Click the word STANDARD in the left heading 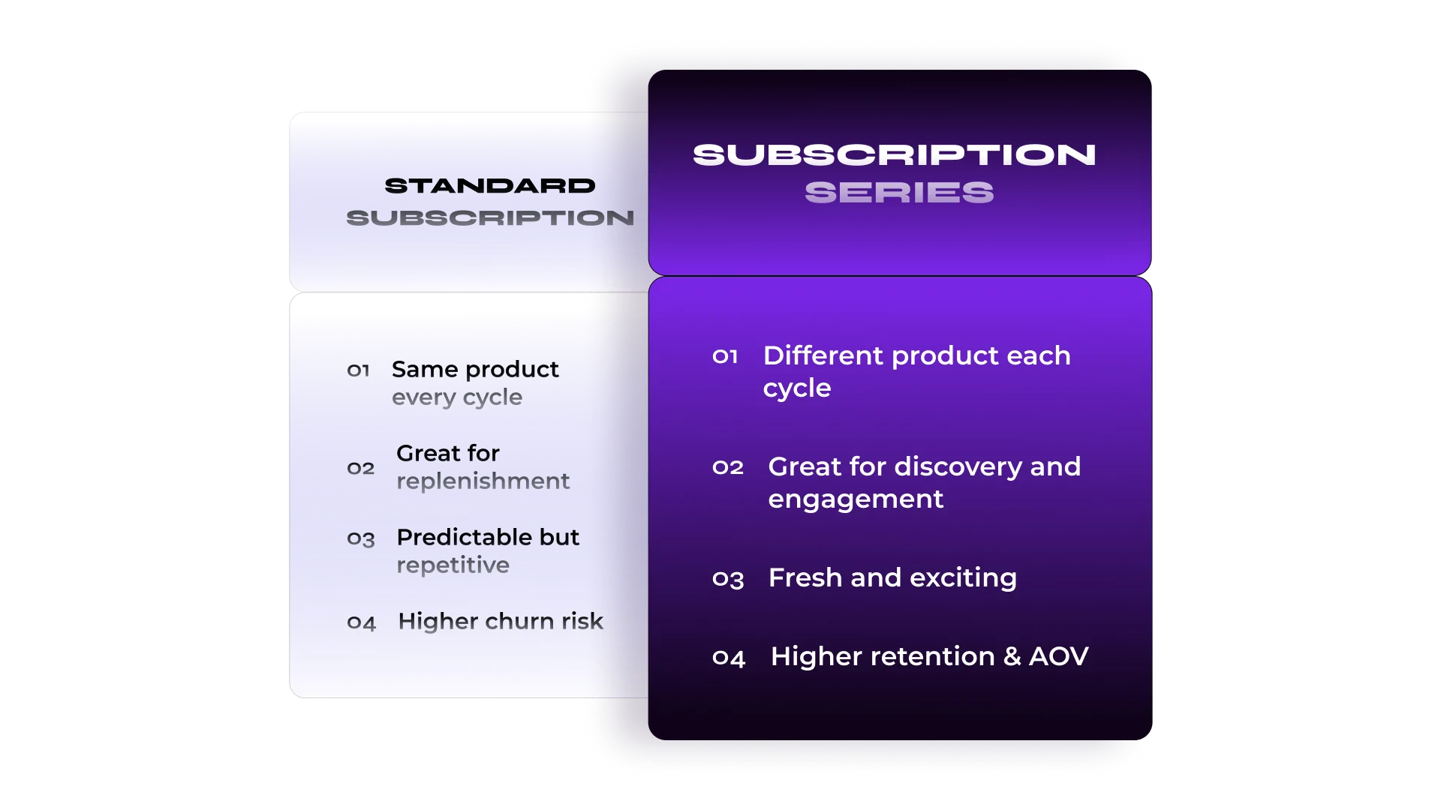pyautogui.click(x=490, y=186)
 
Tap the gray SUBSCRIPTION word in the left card pyautogui.click(x=490, y=218)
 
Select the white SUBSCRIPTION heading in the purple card pyautogui.click(x=895, y=155)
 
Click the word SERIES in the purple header pyautogui.click(x=899, y=193)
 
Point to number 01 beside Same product pyautogui.click(x=358, y=370)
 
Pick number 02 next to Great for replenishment pyautogui.click(x=360, y=469)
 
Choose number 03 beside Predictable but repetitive pyautogui.click(x=360, y=539)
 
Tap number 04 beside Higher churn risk pyautogui.click(x=361, y=623)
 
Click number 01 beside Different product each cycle pyautogui.click(x=725, y=356)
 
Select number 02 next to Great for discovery pyautogui.click(x=728, y=468)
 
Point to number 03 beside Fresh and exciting pyautogui.click(x=728, y=579)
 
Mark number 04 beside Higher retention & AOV pyautogui.click(x=729, y=658)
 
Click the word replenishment pyautogui.click(x=483, y=481)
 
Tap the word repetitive pyautogui.click(x=453, y=565)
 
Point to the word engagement pyautogui.click(x=856, y=500)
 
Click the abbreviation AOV pyautogui.click(x=1058, y=656)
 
